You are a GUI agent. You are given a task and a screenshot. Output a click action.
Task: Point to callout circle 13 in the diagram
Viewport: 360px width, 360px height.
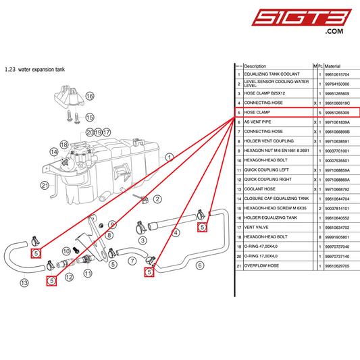(x=24, y=282)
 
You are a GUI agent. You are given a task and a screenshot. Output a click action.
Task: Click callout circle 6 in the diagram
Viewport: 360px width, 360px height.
(x=199, y=265)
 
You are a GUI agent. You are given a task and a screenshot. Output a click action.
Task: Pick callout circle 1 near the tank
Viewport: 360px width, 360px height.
(x=170, y=156)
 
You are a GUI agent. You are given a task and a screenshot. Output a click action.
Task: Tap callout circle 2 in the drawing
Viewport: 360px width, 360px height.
(x=157, y=199)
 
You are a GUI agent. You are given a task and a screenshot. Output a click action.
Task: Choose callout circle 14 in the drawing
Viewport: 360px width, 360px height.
(x=53, y=153)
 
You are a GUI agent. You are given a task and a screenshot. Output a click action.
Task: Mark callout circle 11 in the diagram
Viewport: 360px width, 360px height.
(x=88, y=273)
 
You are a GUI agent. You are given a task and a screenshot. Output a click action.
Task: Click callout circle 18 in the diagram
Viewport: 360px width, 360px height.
(x=63, y=145)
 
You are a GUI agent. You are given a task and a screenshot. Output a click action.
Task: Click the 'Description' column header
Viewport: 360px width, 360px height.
(x=259, y=66)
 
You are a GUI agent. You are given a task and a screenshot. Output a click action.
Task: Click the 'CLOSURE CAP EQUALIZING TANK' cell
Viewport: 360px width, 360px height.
(x=276, y=199)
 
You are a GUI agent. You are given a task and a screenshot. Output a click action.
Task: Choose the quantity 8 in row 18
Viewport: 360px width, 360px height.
(x=319, y=238)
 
